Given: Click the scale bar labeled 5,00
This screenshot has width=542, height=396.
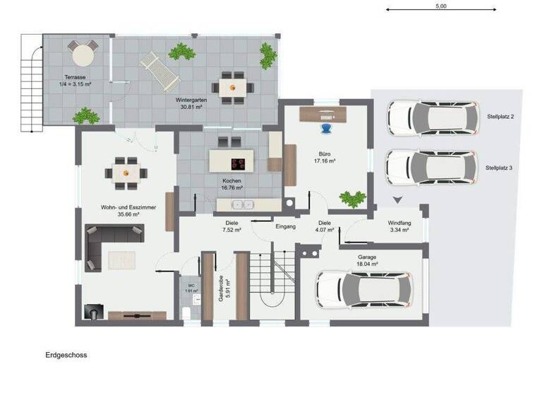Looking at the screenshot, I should [x=440, y=10].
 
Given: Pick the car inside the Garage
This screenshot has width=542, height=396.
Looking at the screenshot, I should [x=363, y=290].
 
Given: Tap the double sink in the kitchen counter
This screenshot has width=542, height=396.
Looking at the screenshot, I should [x=243, y=205].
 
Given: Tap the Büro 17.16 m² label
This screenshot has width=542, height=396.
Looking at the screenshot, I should [x=324, y=156].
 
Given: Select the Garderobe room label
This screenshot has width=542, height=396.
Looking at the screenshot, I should [x=221, y=288].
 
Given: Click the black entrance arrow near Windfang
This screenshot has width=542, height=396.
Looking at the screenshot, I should [x=397, y=200].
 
